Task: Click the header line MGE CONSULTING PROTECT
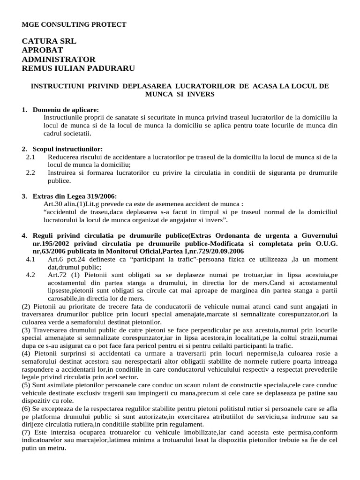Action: pos(74,24)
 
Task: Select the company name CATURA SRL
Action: pos(49,41)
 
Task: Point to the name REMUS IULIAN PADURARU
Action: pos(78,68)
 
